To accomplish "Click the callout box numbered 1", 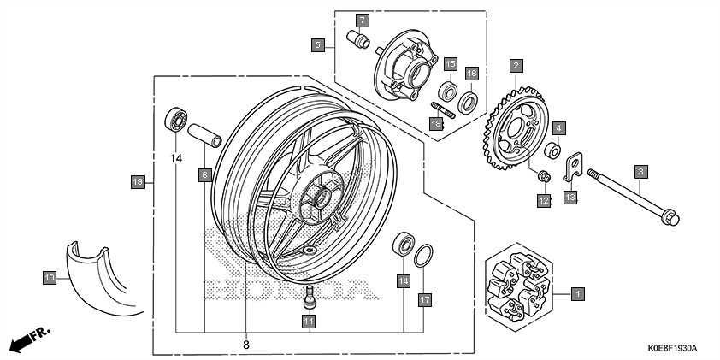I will coord(578,293).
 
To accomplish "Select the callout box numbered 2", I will coord(516,64).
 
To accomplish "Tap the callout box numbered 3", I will coord(639,171).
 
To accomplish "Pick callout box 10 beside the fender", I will coord(49,276).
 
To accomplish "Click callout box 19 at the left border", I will coord(136,181).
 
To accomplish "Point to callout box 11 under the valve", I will coord(309,321).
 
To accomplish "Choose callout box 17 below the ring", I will coord(424,299).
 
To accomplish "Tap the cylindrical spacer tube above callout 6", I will coord(205,136).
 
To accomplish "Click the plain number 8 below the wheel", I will coord(246,345).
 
